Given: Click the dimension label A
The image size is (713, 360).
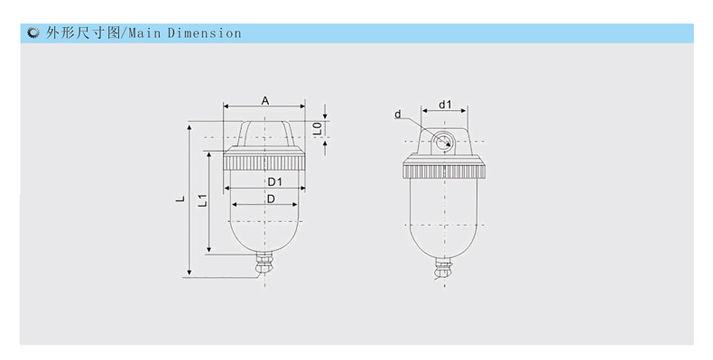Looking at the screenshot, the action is pyautogui.click(x=265, y=100).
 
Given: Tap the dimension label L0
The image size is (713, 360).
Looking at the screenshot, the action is pyautogui.click(x=318, y=128).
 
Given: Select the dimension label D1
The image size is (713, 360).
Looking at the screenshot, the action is pyautogui.click(x=274, y=182).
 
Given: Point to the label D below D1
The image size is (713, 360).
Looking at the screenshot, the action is pyautogui.click(x=271, y=199).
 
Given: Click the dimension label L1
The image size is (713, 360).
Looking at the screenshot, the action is pyautogui.click(x=203, y=200).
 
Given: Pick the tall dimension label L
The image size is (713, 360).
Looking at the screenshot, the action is pyautogui.click(x=181, y=198).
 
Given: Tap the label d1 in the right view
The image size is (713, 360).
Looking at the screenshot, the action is pyautogui.click(x=445, y=105).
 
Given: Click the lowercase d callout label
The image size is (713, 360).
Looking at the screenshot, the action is pyautogui.click(x=398, y=114).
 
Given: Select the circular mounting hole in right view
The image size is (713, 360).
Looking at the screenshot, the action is pyautogui.click(x=442, y=142).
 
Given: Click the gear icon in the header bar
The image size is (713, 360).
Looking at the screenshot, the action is pyautogui.click(x=32, y=33).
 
